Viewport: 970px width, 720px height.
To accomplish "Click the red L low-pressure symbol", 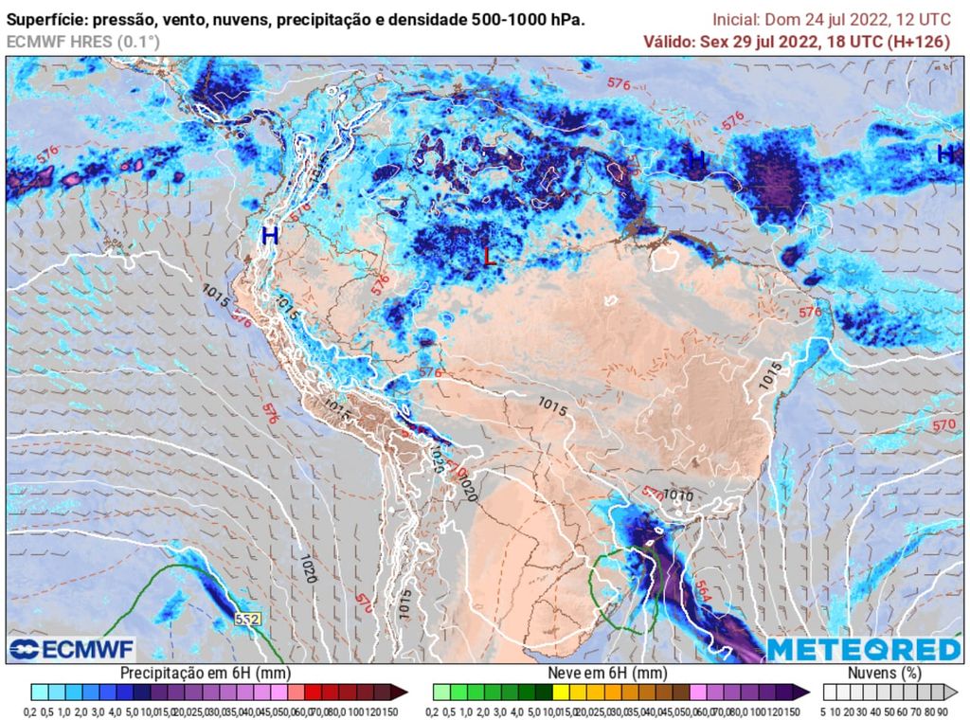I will coord(489,256).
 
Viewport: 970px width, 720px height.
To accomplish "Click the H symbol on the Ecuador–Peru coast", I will coord(270,235).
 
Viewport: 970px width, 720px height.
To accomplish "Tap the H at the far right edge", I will coord(944,153).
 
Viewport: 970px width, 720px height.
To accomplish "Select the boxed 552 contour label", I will coord(247,619).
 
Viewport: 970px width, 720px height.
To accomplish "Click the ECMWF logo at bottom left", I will coord(71,649).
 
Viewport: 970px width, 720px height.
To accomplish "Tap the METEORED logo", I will coord(863,649).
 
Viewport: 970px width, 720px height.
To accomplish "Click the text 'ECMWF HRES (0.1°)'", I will coord(83,42).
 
